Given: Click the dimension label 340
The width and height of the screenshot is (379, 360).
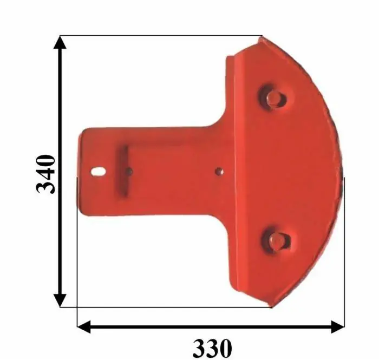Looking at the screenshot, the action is [45, 174].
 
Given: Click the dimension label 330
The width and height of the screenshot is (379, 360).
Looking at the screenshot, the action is [212, 349].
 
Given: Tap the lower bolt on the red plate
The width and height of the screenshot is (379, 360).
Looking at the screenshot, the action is [277, 241].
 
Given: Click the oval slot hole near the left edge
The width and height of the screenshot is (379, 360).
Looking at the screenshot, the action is [99, 172].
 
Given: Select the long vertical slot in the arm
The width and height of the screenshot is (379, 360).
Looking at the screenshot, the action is [123, 172].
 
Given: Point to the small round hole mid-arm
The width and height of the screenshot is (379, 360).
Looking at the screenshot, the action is [219, 171].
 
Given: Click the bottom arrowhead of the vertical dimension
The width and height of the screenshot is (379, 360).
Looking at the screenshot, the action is [60, 300].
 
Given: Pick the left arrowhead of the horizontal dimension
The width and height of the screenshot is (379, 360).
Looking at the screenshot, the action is [83, 327].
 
